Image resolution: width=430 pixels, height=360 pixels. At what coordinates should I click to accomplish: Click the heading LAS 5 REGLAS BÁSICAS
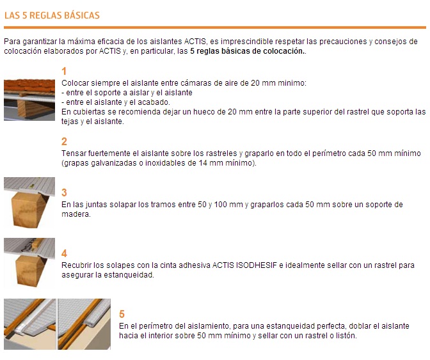52,15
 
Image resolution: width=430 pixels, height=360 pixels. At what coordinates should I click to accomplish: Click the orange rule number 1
64,71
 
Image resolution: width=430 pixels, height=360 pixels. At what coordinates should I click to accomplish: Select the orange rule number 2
64,142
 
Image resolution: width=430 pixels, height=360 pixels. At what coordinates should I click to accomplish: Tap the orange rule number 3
64,192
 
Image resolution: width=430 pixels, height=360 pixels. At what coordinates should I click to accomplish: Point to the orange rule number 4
64,253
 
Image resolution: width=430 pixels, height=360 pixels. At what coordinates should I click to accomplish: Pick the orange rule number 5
122,314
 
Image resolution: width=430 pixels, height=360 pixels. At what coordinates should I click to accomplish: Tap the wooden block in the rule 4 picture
28,270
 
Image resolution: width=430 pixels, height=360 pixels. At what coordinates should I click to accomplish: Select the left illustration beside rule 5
29,324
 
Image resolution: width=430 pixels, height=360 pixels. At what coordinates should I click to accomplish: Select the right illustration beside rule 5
84,324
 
